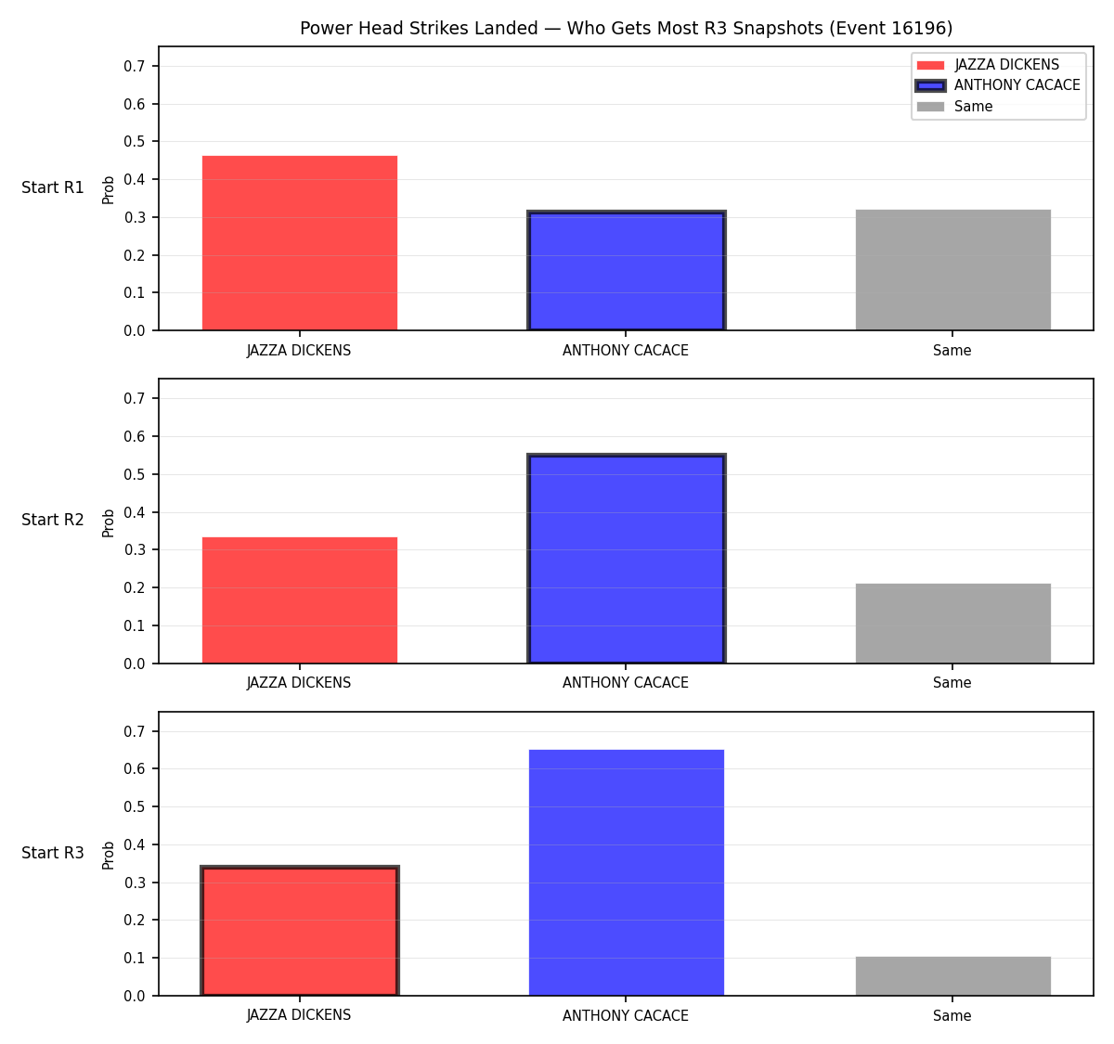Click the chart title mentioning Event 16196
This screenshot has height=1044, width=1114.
click(x=626, y=28)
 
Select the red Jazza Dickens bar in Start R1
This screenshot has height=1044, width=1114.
click(x=300, y=243)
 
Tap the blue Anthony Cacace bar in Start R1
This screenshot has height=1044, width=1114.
click(x=626, y=270)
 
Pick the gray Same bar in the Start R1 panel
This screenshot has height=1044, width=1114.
click(x=952, y=270)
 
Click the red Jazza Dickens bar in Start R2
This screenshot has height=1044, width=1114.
click(x=300, y=600)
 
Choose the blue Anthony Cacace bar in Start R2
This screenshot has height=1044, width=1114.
click(x=626, y=559)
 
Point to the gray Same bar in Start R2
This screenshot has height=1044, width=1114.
click(x=952, y=624)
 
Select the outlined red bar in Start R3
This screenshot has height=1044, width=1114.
click(x=300, y=931)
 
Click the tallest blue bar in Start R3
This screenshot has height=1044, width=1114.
click(x=626, y=873)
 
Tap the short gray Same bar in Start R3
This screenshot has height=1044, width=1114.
click(x=952, y=976)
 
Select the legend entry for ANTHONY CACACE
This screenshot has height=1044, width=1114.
click(x=996, y=85)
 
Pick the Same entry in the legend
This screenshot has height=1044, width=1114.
click(x=954, y=106)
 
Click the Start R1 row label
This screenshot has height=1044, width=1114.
click(x=52, y=187)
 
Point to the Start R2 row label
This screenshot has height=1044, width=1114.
click(x=52, y=520)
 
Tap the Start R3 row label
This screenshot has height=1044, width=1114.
click(x=52, y=853)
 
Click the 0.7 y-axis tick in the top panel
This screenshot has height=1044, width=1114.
click(x=134, y=66)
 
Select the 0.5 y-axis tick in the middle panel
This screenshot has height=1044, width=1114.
click(x=134, y=474)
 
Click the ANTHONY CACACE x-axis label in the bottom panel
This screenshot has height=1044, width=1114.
click(x=625, y=1015)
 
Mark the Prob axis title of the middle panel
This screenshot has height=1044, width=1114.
click(x=109, y=522)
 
